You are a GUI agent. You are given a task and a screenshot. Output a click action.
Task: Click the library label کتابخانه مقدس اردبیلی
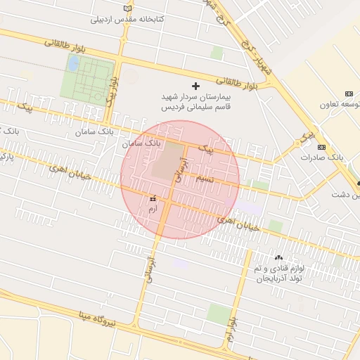pyautogui.click(x=134, y=19)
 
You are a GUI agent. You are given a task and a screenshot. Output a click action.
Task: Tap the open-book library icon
pyautogui.click(x=127, y=7)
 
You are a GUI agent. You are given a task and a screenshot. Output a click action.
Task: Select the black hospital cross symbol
pyautogui.click(x=195, y=85)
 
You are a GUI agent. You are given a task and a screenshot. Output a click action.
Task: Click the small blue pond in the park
pyautogui.click(x=72, y=63)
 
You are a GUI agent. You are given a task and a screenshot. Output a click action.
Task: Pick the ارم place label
pyautogui.click(x=153, y=209)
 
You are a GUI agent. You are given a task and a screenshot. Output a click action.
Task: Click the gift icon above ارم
pyautogui.click(x=153, y=200)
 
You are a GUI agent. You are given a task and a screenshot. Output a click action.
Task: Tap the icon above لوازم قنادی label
pyautogui.click(x=279, y=258)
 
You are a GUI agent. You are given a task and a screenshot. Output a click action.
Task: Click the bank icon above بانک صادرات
pyautogui.click(x=321, y=147)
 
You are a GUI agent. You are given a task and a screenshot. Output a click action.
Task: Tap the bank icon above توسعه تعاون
pyautogui.click(x=349, y=94)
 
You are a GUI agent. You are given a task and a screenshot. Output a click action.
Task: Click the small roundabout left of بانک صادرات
pyautogui.click(x=304, y=141)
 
